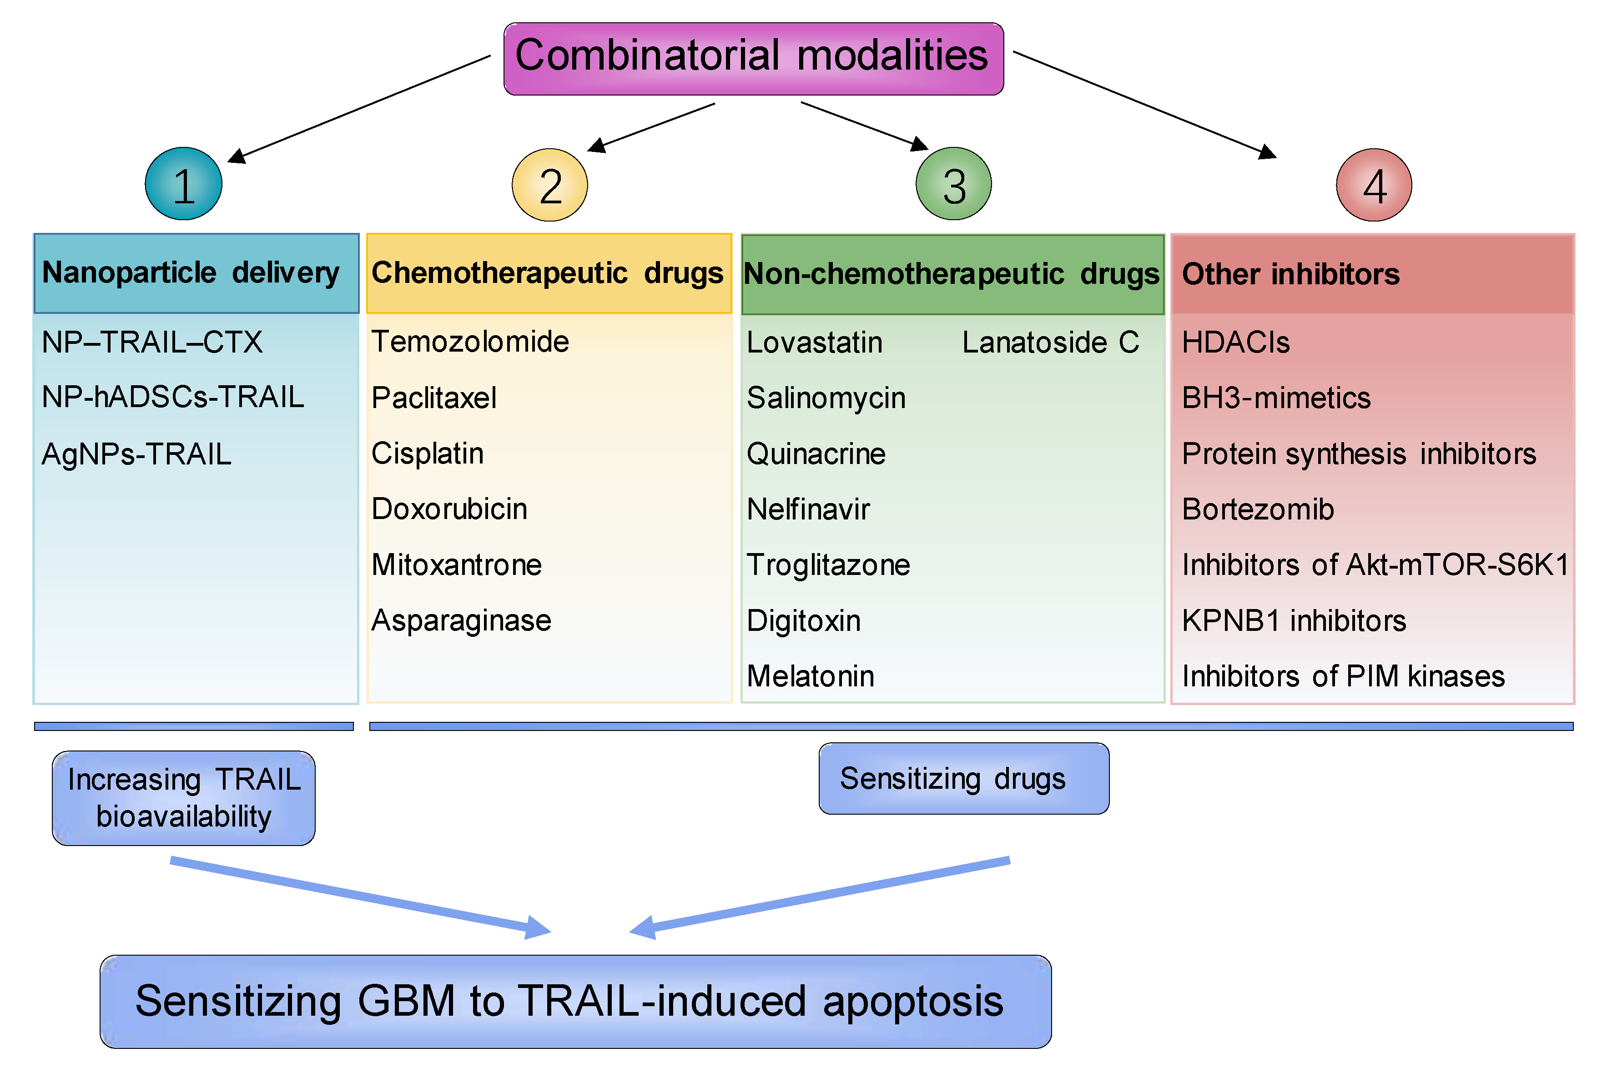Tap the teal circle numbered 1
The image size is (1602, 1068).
pos(183,184)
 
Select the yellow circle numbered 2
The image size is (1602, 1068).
pos(549,185)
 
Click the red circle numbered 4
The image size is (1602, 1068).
pos(1374,185)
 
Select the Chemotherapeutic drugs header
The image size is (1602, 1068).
pos(548,273)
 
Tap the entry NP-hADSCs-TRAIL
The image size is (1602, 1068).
pos(172,397)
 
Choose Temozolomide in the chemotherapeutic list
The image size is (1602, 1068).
pos(470,341)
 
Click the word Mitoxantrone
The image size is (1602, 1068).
pos(456,564)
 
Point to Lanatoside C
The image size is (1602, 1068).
pos(1050,342)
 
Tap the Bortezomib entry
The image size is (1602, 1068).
pos(1257,509)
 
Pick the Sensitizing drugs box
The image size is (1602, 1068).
pos(963,779)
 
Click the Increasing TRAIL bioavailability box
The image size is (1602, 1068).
pos(183,798)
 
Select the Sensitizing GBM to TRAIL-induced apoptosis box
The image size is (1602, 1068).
pos(575,1001)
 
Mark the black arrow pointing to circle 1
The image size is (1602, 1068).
pos(361,109)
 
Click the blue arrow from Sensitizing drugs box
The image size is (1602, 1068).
pos(817,896)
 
